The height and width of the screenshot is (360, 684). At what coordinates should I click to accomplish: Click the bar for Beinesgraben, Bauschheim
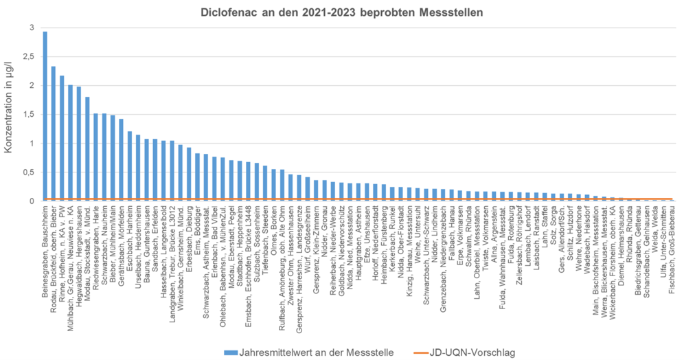click(45, 116)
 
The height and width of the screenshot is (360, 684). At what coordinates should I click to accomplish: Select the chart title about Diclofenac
click(341, 12)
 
